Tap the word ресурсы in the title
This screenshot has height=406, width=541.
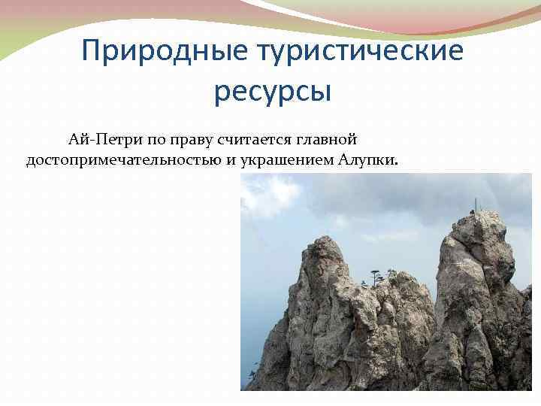(x=272, y=91)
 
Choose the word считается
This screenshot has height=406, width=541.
(x=254, y=139)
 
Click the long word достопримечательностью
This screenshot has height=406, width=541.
(x=123, y=161)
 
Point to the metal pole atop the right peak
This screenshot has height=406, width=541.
(x=475, y=205)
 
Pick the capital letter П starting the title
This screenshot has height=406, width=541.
(x=91, y=52)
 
